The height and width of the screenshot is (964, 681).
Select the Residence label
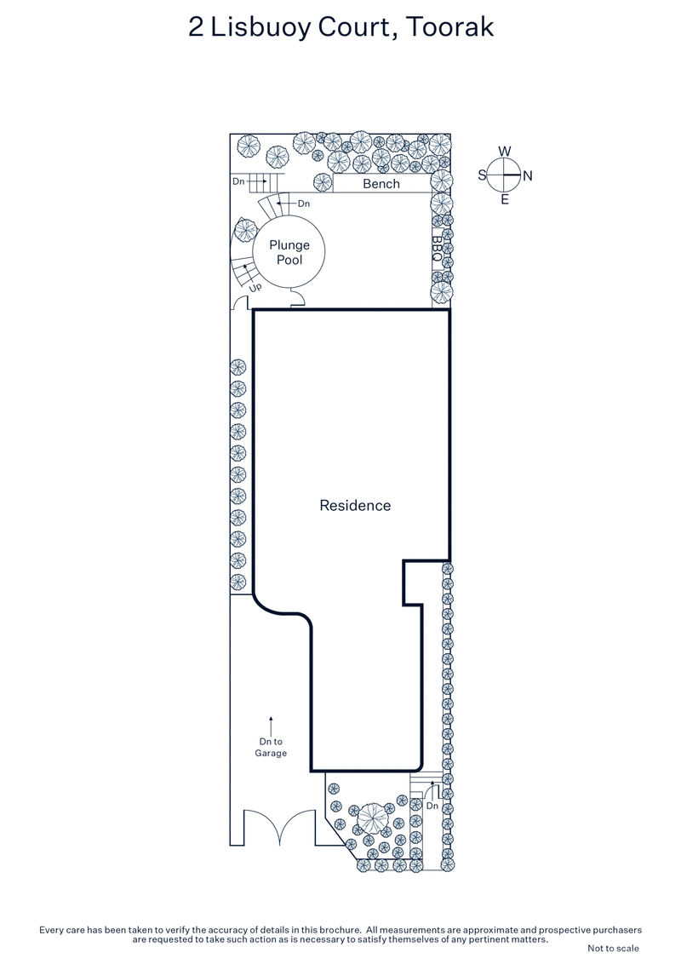click(355, 505)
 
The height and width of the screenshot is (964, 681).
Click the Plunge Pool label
click(289, 252)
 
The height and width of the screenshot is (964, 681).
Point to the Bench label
click(381, 184)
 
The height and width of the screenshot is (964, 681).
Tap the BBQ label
click(437, 247)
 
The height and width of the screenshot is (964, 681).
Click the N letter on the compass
click(527, 176)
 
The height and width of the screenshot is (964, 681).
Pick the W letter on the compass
click(505, 152)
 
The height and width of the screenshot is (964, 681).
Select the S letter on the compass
click(482, 175)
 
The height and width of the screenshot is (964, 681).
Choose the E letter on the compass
click(505, 200)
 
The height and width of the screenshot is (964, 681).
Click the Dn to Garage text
click(271, 747)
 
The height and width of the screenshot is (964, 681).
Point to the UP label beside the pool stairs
click(255, 288)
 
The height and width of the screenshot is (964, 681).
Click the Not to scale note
click(613, 948)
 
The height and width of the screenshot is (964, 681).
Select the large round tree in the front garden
click(372, 819)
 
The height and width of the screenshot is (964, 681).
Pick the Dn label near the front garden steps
click(432, 805)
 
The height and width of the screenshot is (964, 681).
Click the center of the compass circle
click(505, 175)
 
